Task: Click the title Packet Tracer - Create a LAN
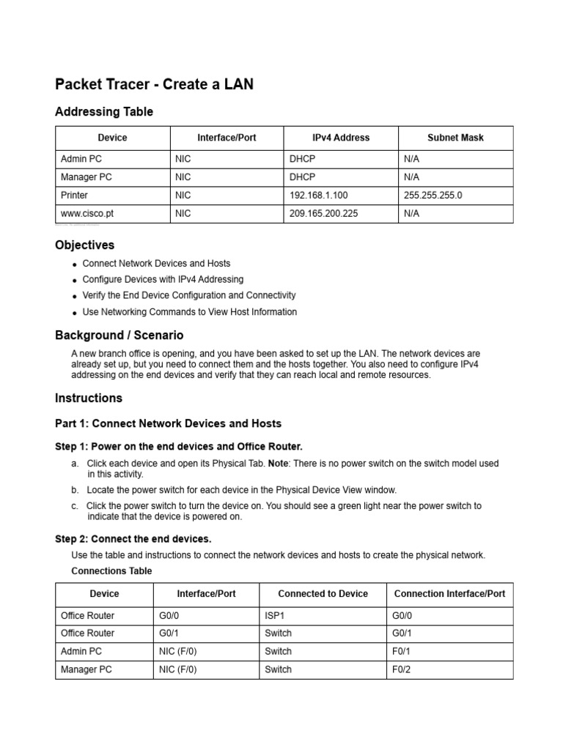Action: (x=154, y=84)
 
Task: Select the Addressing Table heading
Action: (x=104, y=111)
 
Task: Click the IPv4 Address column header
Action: (x=341, y=138)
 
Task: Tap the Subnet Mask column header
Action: (x=455, y=138)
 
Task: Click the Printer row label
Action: (x=74, y=196)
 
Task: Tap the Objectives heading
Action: (x=85, y=245)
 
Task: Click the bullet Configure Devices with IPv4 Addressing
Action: (x=163, y=279)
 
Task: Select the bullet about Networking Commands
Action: (x=189, y=311)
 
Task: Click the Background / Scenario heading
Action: (x=119, y=335)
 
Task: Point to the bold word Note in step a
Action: (x=278, y=464)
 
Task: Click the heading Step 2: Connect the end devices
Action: (x=133, y=539)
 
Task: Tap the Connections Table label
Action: (x=111, y=571)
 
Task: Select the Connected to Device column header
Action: (x=323, y=594)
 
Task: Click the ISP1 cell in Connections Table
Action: (x=273, y=615)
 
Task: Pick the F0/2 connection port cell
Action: (x=403, y=669)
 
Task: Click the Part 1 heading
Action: (x=168, y=423)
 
